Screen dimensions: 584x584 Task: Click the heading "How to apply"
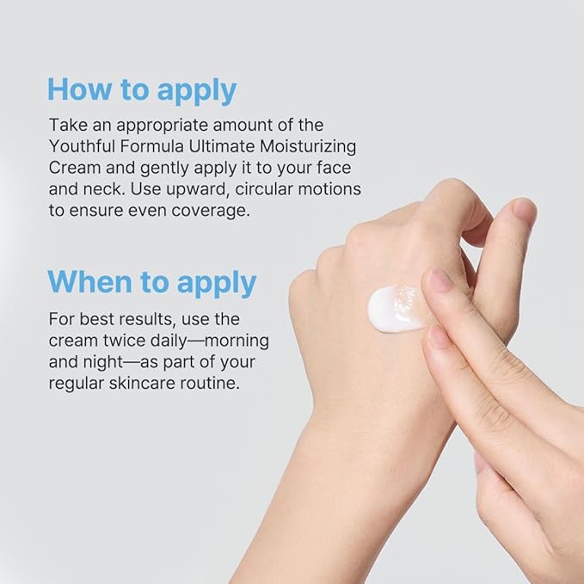tap(142, 90)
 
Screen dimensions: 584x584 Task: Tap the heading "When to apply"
tap(152, 283)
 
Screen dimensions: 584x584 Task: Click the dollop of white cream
tap(397, 308)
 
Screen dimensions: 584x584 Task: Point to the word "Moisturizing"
tap(308, 147)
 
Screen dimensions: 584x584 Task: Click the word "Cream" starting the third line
tap(75, 168)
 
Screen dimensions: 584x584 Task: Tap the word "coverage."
tap(211, 211)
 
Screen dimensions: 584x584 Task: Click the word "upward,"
tap(196, 190)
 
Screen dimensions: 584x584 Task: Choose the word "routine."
tap(210, 384)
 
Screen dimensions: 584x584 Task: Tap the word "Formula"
tap(152, 146)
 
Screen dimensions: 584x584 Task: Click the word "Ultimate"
tap(222, 146)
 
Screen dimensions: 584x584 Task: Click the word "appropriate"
tap(162, 126)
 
